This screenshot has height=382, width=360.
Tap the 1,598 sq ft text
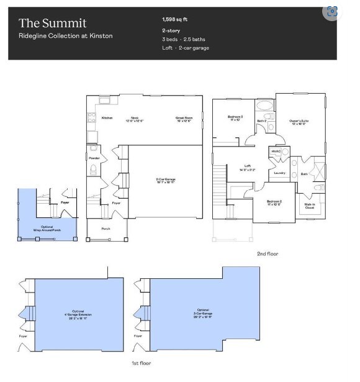175,19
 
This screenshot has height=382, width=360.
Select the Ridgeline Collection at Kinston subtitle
66,36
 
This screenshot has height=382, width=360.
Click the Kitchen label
107,117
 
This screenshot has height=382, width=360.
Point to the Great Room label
184,118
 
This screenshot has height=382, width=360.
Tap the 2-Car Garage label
165,181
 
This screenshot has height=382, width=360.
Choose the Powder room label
94,158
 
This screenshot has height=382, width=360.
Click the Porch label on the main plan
107,227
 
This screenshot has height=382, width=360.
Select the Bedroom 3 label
235,117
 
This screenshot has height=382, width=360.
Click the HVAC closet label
276,151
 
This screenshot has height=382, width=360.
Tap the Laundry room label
279,173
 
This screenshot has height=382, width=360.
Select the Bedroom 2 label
274,202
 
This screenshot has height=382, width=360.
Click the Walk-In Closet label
309,206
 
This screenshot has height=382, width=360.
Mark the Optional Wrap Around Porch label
47,228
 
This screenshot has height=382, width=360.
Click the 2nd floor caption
268,253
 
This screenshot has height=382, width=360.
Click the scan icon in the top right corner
331,11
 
